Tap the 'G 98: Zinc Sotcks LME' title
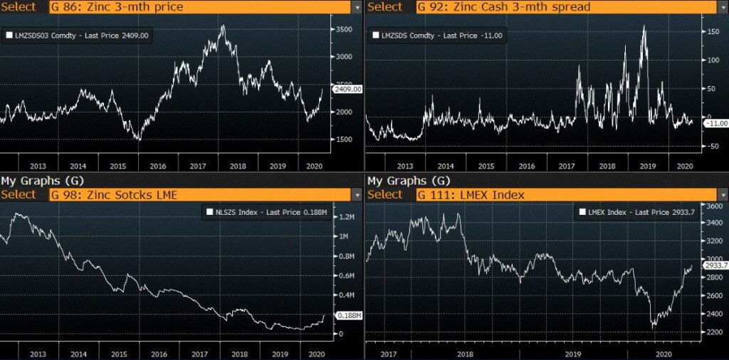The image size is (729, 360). pyautogui.click(x=113, y=194)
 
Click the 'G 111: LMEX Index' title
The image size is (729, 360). pyautogui.click(x=470, y=194)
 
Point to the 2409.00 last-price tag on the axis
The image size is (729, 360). pyautogui.click(x=348, y=89)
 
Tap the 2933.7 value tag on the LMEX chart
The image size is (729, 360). pyautogui.click(x=715, y=265)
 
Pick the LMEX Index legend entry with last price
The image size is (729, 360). pyautogui.click(x=629, y=212)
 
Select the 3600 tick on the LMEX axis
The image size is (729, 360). pyautogui.click(x=713, y=206)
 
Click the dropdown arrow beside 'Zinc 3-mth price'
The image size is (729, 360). pyautogui.click(x=356, y=6)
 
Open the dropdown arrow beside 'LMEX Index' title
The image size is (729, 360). pyautogui.click(x=722, y=194)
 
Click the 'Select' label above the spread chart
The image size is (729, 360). pyautogui.click(x=384, y=6)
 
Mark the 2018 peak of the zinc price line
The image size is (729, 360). pyautogui.click(x=223, y=26)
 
